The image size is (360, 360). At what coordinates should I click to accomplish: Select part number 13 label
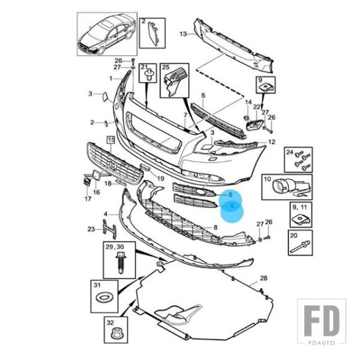pos(183,34)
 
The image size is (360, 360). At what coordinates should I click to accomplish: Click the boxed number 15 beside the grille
pos(111,139)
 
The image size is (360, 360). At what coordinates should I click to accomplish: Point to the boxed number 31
pos(97,284)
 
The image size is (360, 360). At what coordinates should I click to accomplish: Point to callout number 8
pos(216,227)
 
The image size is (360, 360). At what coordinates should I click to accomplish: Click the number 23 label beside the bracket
pos(91,229)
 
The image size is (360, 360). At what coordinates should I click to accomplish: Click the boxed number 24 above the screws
pos(289,152)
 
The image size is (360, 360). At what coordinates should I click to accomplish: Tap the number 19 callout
pos(160,178)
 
